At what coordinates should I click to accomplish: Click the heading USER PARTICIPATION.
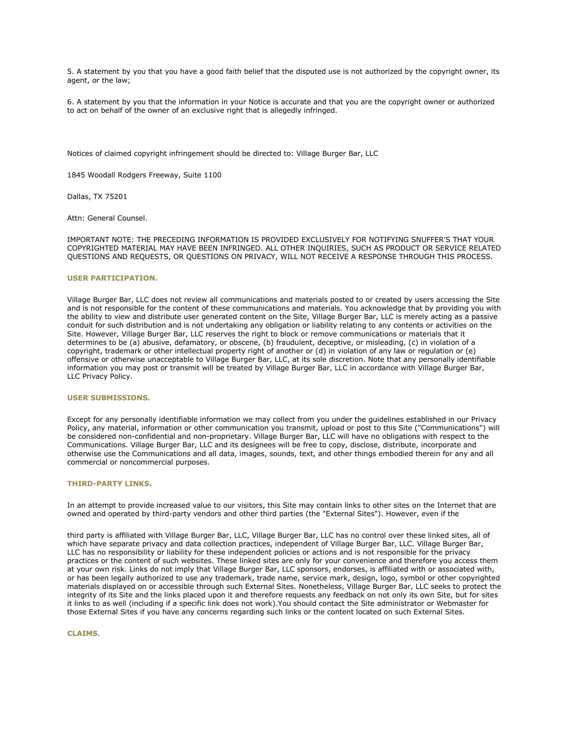tap(112, 278)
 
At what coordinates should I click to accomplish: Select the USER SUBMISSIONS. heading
tap(108, 398)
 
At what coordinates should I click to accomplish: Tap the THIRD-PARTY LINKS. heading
tap(109, 484)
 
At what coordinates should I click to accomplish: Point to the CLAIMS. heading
tap(83, 634)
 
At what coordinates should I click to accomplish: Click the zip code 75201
tap(116, 197)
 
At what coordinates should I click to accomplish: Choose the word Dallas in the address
tap(78, 197)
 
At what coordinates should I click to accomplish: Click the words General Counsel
tap(117, 218)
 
